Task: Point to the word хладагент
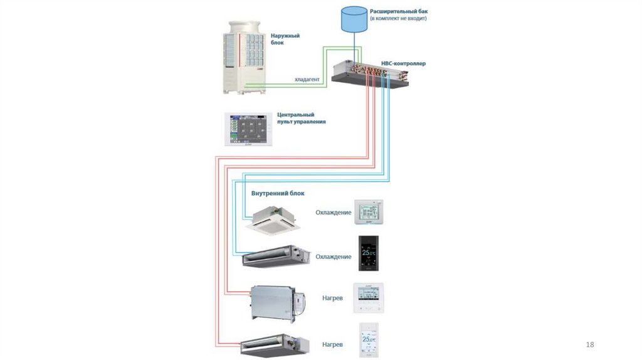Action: coord(307,80)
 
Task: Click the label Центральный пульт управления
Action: coord(301,119)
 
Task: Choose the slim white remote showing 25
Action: coord(368,341)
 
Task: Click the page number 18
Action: coord(589,345)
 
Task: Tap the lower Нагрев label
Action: coord(332,345)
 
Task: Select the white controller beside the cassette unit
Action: coord(368,213)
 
